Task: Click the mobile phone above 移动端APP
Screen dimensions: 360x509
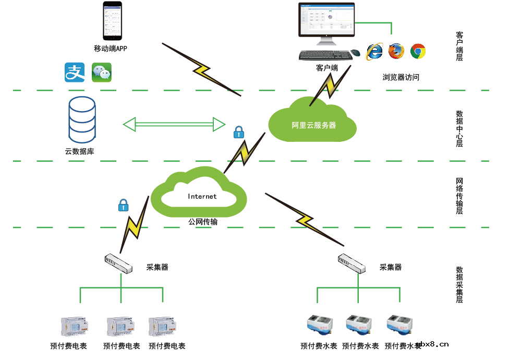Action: (x=113, y=21)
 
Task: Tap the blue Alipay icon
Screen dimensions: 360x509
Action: (x=75, y=72)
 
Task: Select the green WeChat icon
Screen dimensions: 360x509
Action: (x=102, y=72)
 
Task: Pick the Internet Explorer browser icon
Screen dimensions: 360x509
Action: (x=374, y=51)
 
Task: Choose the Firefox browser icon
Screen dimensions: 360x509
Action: (x=396, y=51)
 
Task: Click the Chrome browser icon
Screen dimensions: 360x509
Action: (x=418, y=51)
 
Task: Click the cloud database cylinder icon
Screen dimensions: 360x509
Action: (x=82, y=119)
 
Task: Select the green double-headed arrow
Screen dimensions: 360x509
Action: (x=174, y=124)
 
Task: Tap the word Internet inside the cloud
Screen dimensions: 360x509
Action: (x=202, y=197)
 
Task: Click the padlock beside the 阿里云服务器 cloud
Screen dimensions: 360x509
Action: (x=238, y=132)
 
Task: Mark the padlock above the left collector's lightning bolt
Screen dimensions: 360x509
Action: (x=123, y=205)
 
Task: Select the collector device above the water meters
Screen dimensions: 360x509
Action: (x=352, y=263)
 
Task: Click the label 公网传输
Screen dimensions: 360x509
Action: (x=203, y=222)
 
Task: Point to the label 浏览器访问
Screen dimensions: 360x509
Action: (x=401, y=77)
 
